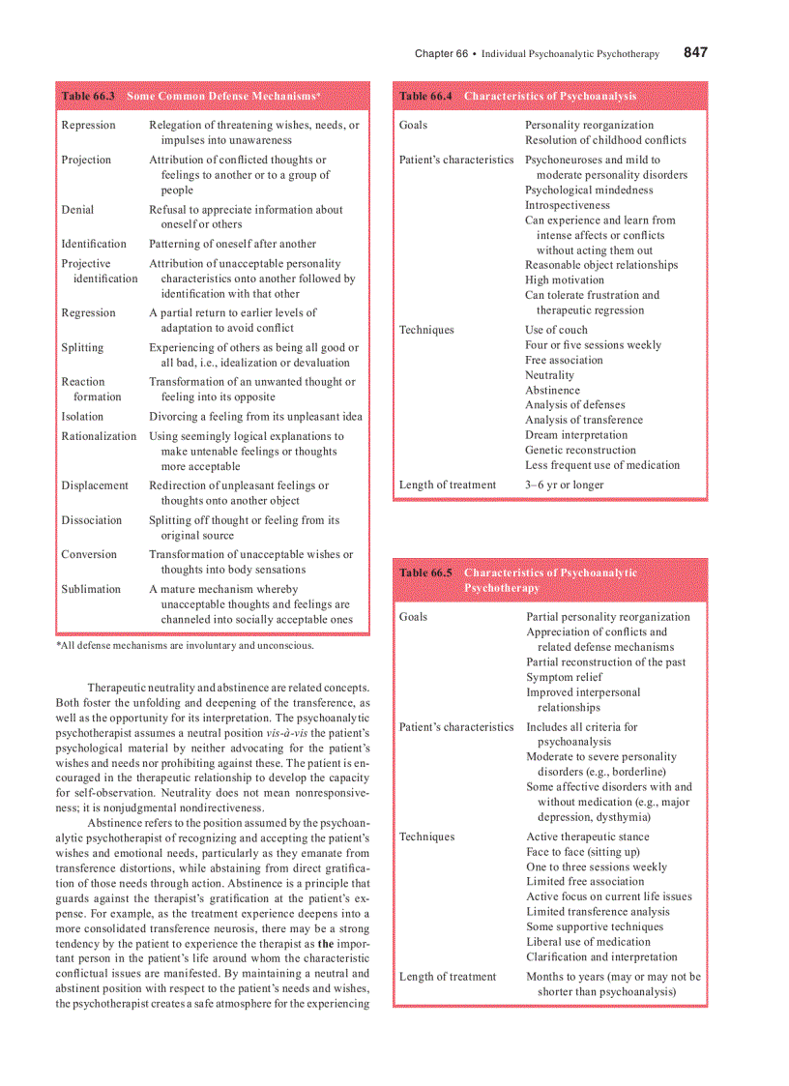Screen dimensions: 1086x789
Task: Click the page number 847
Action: (x=695, y=52)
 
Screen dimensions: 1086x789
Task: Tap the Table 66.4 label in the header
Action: (x=425, y=97)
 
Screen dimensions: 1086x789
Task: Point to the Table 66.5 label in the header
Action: (x=425, y=572)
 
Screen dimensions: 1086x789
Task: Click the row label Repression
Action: (x=88, y=125)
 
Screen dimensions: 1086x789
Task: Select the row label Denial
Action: (x=77, y=209)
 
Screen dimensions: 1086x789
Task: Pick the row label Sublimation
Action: (x=91, y=589)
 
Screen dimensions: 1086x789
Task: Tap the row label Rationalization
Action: (x=99, y=436)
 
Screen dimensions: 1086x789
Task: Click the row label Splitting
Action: (x=83, y=347)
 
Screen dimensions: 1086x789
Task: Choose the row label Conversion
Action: (x=89, y=554)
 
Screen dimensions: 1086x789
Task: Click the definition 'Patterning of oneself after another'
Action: (x=232, y=244)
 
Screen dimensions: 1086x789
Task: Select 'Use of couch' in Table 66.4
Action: (x=556, y=330)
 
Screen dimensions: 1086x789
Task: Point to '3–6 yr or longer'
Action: (x=564, y=484)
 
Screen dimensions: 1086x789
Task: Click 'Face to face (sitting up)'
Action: (x=582, y=852)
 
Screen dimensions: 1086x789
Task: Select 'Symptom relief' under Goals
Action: (x=564, y=677)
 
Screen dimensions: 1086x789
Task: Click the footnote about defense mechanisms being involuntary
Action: (x=185, y=645)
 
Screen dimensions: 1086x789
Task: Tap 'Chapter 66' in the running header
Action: (x=441, y=53)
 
